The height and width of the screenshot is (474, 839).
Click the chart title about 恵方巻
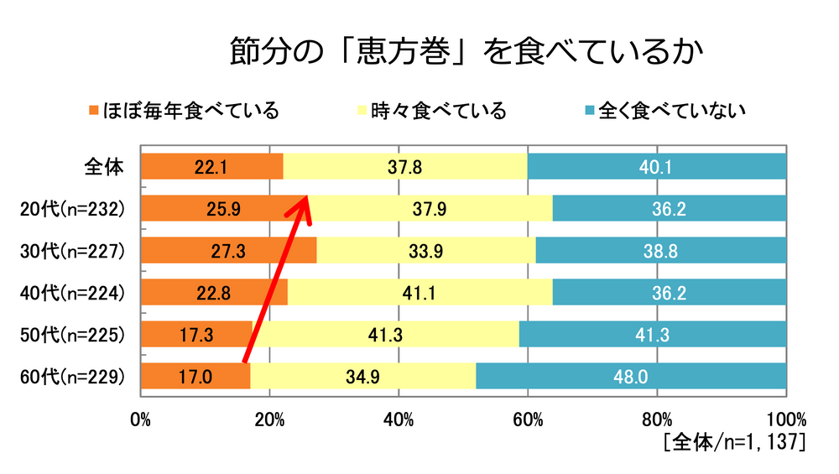pos(466,52)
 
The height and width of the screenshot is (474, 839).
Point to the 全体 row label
pos(104,167)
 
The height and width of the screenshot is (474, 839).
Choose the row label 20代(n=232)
pos(73,209)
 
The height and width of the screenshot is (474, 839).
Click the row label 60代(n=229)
pos(73,377)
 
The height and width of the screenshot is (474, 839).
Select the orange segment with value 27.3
pos(228,251)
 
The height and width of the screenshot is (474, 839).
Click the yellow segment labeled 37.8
pos(404,167)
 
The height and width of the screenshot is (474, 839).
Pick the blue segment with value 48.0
pos(631,377)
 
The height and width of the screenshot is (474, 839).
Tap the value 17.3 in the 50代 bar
pos(196,335)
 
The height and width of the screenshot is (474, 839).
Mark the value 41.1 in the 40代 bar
pos(419,293)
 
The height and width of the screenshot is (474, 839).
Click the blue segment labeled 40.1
pos(657,167)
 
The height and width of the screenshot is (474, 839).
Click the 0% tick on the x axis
pos(141,418)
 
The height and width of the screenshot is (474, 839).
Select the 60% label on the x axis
pos(528,418)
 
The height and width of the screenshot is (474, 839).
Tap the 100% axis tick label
pos(785,418)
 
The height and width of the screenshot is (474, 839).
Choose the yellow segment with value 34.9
pos(362,377)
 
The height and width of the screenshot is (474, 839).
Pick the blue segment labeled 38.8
pos(660,251)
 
